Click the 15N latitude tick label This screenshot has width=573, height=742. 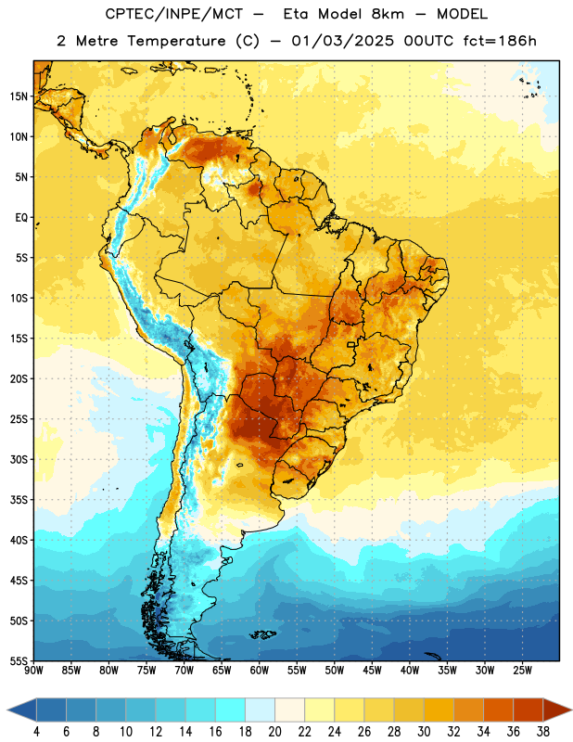pyautogui.click(x=19, y=96)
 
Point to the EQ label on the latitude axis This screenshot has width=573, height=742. pyautogui.click(x=21, y=218)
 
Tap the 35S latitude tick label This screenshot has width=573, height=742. pyautogui.click(x=19, y=500)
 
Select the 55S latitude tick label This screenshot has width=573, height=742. pyautogui.click(x=19, y=661)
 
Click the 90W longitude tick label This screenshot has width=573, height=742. pyautogui.click(x=33, y=671)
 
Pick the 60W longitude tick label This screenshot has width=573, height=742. pyautogui.click(x=260, y=671)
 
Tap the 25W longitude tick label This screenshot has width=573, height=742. pyautogui.click(x=522, y=671)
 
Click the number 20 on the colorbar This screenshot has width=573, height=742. pyautogui.click(x=274, y=732)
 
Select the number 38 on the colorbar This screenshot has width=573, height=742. pyautogui.click(x=543, y=732)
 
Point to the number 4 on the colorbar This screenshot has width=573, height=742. pyautogui.click(x=36, y=732)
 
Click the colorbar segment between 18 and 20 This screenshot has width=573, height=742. pyautogui.click(x=261, y=710)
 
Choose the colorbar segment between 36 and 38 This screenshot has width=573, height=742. pyautogui.click(x=528, y=710)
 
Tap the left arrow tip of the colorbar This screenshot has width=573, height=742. pyautogui.click(x=7, y=710)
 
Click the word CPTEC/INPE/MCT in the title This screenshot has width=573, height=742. pyautogui.click(x=174, y=15)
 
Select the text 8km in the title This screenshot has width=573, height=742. pyautogui.click(x=388, y=15)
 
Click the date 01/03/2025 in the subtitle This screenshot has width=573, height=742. pyautogui.click(x=342, y=41)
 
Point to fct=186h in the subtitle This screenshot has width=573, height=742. pyautogui.click(x=500, y=41)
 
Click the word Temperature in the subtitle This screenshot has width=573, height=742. pyautogui.click(x=176, y=42)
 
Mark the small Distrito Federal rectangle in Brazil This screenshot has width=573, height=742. pyautogui.click(x=351, y=344)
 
